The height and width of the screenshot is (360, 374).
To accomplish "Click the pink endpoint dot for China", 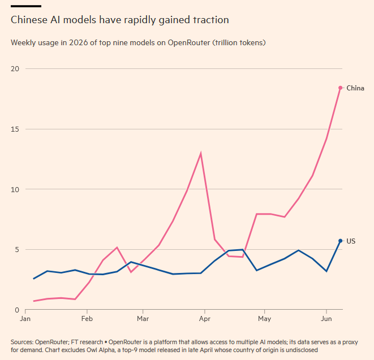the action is [x=341, y=88].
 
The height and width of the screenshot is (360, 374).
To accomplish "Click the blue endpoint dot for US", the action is [x=341, y=241].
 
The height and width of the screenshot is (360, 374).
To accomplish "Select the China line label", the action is [x=355, y=88].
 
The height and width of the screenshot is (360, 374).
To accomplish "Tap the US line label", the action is [x=351, y=241].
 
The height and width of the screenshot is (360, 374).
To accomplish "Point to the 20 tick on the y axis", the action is [x=15, y=68].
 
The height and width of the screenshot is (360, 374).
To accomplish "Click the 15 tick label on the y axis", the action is [x=15, y=129].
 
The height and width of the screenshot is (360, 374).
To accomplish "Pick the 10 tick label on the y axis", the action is [x=15, y=189].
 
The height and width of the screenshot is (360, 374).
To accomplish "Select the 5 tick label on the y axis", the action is [x=17, y=249].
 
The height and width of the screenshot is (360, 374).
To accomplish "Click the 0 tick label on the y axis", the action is [x=17, y=310].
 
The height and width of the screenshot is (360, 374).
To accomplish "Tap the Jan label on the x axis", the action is [x=25, y=319].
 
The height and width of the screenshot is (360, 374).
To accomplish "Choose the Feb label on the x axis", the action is [x=87, y=319].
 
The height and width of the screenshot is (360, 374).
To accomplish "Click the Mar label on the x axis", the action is [x=143, y=319].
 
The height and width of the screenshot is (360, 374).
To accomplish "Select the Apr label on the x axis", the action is [x=205, y=319].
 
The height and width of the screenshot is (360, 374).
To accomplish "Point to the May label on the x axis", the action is [x=265, y=319].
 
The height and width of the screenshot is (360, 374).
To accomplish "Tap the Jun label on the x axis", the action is [x=326, y=319].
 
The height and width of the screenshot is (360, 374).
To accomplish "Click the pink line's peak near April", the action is [x=201, y=154].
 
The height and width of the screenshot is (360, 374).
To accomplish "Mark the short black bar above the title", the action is [x=26, y=6].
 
